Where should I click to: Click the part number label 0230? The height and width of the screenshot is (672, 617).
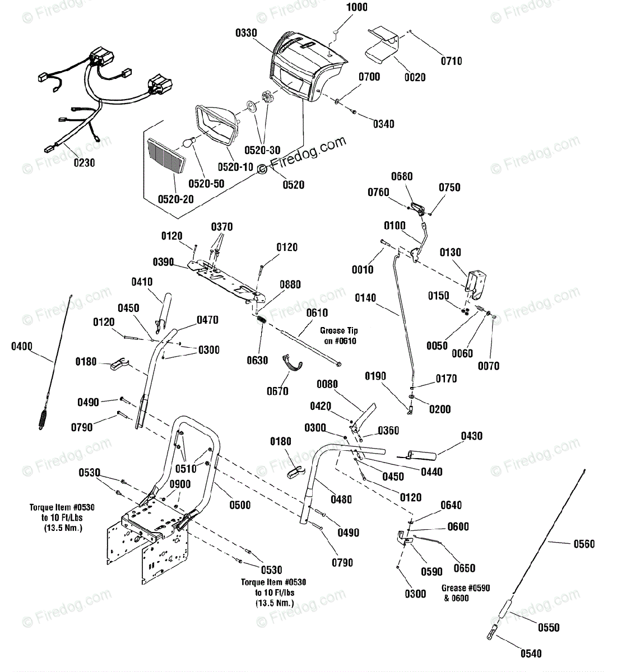(x=84, y=163)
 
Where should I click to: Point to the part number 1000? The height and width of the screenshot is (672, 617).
(x=357, y=7)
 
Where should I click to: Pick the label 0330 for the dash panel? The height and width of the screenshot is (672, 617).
(x=246, y=33)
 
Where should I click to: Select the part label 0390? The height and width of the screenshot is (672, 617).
(x=163, y=262)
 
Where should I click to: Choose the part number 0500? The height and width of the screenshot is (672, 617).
(x=240, y=505)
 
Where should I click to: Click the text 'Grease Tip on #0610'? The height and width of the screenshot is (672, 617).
(x=339, y=335)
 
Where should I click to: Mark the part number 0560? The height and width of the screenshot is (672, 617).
(x=584, y=544)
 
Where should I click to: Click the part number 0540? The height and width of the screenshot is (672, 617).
(x=531, y=654)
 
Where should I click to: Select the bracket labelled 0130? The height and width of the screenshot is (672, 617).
(x=476, y=284)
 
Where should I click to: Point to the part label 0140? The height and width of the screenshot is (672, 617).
(x=365, y=298)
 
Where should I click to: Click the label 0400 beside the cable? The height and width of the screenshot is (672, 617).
(x=22, y=347)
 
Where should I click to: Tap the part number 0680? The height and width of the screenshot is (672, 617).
(x=402, y=176)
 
